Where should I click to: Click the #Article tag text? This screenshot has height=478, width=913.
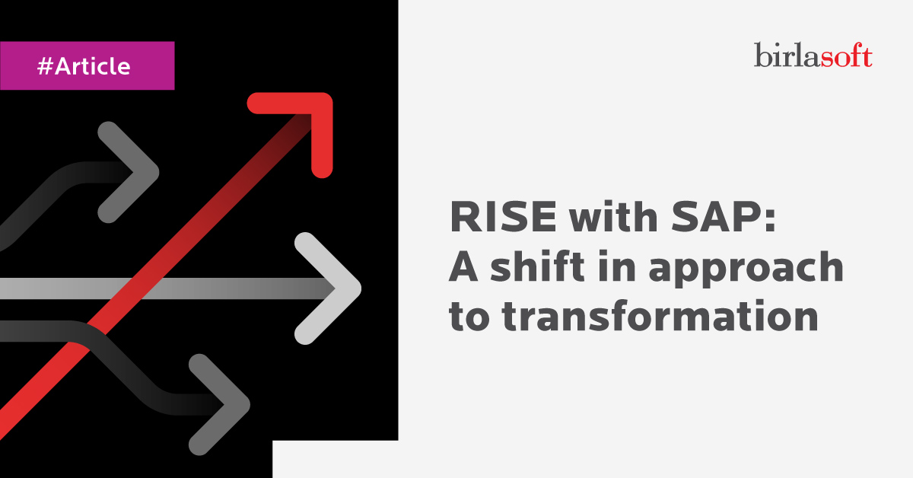(x=84, y=66)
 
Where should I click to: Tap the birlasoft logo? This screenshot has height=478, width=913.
(x=813, y=55)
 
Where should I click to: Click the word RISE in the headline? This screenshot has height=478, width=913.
(x=503, y=217)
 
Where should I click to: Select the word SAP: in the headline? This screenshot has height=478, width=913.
(x=723, y=217)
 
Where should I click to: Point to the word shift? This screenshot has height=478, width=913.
(x=538, y=266)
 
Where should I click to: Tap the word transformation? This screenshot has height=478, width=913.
(x=660, y=315)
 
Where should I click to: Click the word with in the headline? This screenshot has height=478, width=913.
(x=613, y=217)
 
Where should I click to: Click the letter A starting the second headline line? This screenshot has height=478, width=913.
(x=463, y=266)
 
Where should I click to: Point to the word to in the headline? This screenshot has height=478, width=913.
(x=469, y=317)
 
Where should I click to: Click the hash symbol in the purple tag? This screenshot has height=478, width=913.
(x=45, y=66)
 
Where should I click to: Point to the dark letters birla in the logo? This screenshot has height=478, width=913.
(x=787, y=55)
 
